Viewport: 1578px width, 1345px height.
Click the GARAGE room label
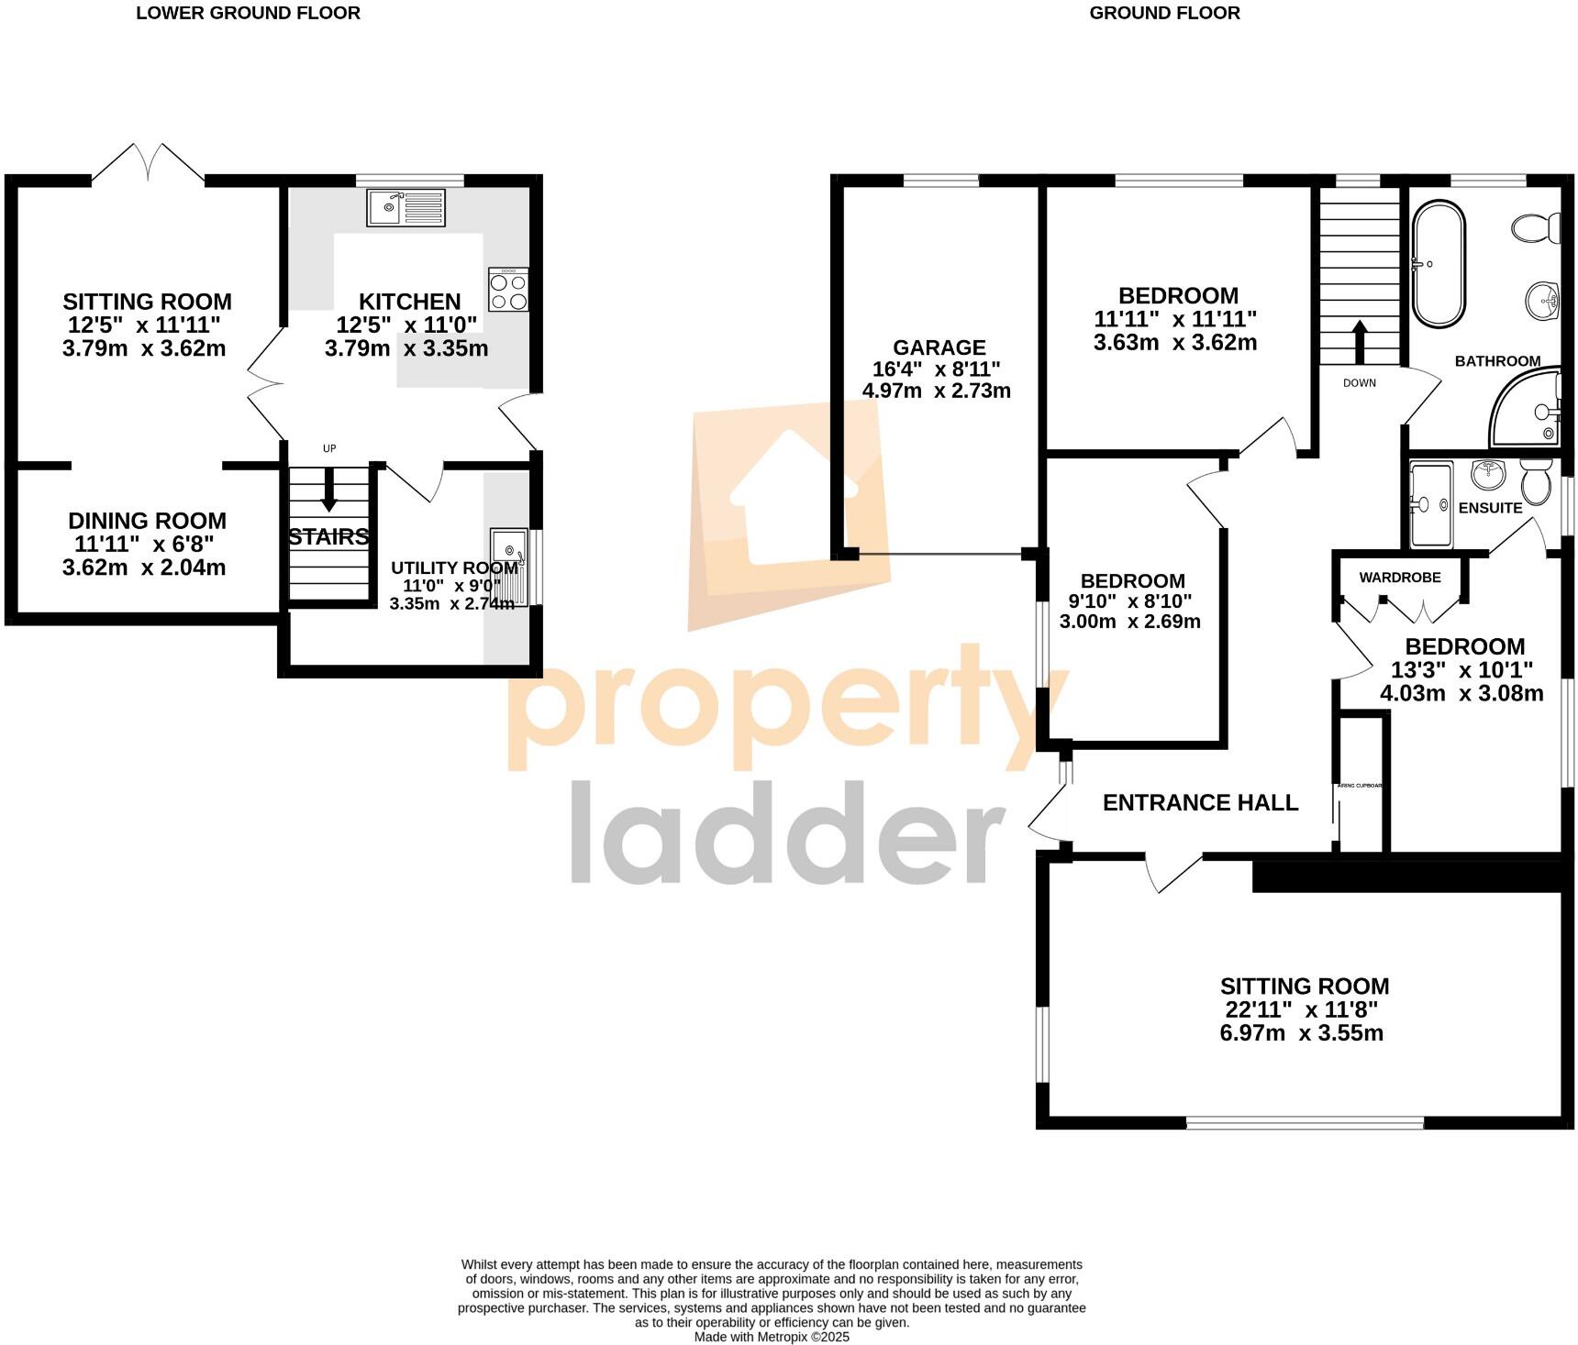(x=939, y=347)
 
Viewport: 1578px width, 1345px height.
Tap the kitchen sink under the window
(x=406, y=208)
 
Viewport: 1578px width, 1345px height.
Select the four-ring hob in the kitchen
(x=508, y=291)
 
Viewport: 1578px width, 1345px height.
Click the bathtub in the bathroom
(x=1439, y=265)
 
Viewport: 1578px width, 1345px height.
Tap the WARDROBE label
(x=1399, y=578)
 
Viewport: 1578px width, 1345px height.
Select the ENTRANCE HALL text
(x=1200, y=803)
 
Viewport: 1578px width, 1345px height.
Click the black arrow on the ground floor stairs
(x=1359, y=343)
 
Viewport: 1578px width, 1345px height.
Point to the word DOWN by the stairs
(x=1359, y=383)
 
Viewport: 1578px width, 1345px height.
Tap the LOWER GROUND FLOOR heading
(x=248, y=13)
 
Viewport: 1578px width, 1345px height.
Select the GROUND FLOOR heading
(x=1164, y=13)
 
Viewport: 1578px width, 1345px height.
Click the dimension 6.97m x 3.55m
(x=1301, y=1034)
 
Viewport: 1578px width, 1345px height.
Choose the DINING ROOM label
(x=147, y=521)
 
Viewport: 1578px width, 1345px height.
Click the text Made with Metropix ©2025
(x=772, y=1337)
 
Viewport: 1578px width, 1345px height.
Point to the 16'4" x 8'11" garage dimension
(x=936, y=369)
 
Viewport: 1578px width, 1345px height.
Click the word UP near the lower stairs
(x=329, y=448)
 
